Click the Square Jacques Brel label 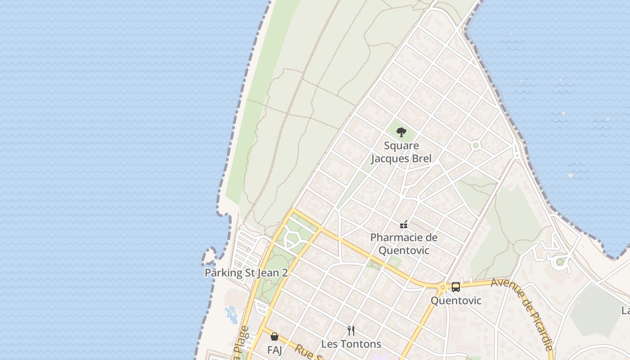tap(400, 152)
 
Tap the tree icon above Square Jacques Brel tap(401, 132)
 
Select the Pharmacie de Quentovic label tap(404, 243)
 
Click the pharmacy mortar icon tap(404, 224)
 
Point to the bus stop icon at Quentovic tap(456, 287)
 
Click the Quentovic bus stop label tap(456, 301)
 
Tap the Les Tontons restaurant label tap(351, 344)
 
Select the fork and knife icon tap(351, 331)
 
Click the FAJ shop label tap(274, 350)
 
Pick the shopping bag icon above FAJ tap(274, 336)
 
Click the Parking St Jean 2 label tap(246, 273)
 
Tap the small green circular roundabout tap(476, 145)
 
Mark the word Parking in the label tap(220, 273)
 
